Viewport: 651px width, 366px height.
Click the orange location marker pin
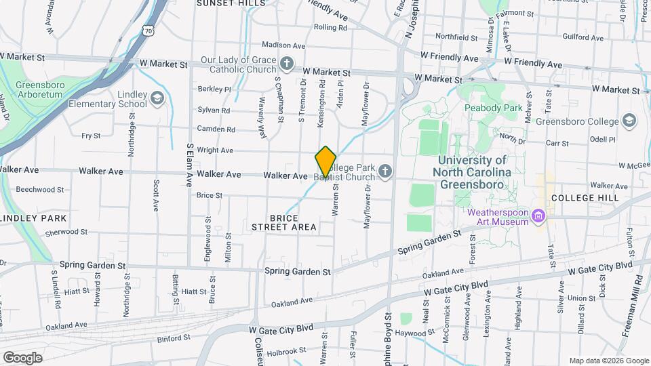coord(325,162)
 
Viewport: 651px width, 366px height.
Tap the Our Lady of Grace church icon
coord(287,64)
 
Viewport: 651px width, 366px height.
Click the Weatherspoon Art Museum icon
coord(539,216)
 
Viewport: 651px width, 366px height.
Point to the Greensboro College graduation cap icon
coord(629,121)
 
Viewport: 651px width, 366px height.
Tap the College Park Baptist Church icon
coord(386,171)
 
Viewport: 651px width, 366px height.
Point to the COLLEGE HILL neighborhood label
coord(585,197)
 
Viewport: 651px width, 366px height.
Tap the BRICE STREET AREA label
coord(293,222)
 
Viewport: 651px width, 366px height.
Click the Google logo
coord(22,358)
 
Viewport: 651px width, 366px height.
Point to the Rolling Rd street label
coord(330,28)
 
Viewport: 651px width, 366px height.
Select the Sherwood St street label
coord(63,232)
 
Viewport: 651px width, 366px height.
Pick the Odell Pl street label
coord(601,139)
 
